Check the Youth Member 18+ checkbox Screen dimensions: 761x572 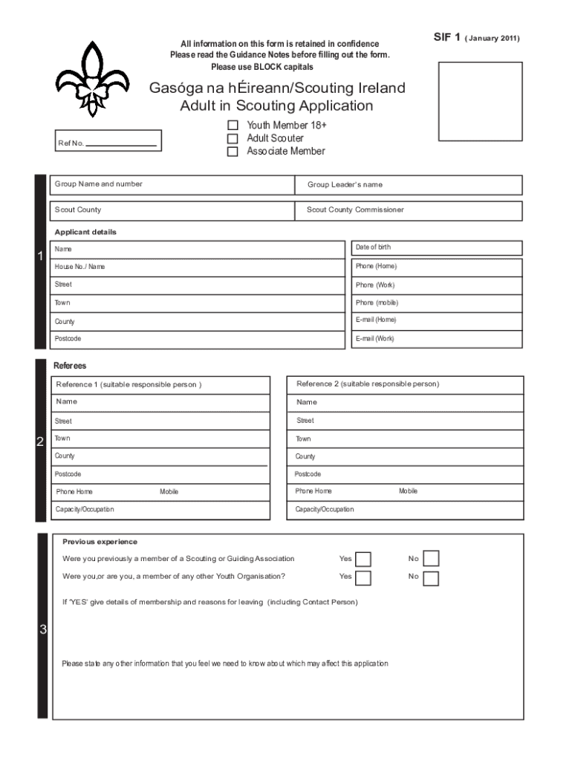pos(233,126)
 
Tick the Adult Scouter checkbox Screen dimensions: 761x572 pos(233,138)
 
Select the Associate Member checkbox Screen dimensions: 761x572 pos(233,152)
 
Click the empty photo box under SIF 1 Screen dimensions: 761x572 pos(480,102)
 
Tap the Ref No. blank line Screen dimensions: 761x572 pos(121,144)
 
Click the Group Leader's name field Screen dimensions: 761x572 pos(409,185)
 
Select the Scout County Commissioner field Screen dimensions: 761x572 pos(409,210)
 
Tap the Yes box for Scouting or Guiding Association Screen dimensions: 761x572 pos(363,559)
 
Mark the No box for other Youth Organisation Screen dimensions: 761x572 pos(431,577)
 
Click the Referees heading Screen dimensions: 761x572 pos(70,366)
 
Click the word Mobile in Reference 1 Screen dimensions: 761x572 pos(169,492)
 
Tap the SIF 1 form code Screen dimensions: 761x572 pos(447,37)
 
